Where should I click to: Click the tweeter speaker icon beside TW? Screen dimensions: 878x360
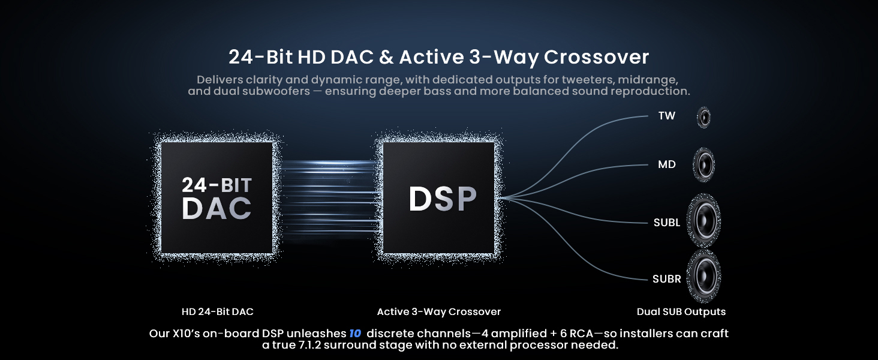pyautogui.click(x=703, y=117)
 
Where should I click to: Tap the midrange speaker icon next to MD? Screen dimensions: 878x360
pyautogui.click(x=704, y=165)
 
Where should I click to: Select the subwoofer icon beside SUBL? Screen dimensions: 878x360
pyautogui.click(x=704, y=221)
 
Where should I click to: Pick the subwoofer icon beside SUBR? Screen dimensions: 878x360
pyautogui.click(x=704, y=276)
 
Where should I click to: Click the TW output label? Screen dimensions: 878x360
pyautogui.click(x=667, y=116)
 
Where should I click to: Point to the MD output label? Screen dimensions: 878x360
pyautogui.click(x=667, y=164)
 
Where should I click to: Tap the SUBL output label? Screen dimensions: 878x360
pyautogui.click(x=667, y=223)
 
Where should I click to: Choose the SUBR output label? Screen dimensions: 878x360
pyautogui.click(x=667, y=279)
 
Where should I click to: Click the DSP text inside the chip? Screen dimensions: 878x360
pyautogui.click(x=443, y=199)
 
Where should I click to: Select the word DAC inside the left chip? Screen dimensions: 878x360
pyautogui.click(x=217, y=208)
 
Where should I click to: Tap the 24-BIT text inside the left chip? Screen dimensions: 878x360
pyautogui.click(x=217, y=185)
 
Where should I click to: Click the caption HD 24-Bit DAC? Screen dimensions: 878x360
pyautogui.click(x=218, y=312)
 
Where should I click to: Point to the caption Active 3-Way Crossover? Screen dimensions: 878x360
pyautogui.click(x=439, y=312)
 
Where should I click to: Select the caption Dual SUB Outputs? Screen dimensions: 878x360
pyautogui.click(x=681, y=312)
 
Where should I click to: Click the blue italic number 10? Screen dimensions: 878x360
pyautogui.click(x=355, y=334)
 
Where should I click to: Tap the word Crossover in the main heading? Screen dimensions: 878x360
pyautogui.click(x=596, y=57)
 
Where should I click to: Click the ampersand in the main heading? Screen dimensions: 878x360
pyautogui.click(x=386, y=57)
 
